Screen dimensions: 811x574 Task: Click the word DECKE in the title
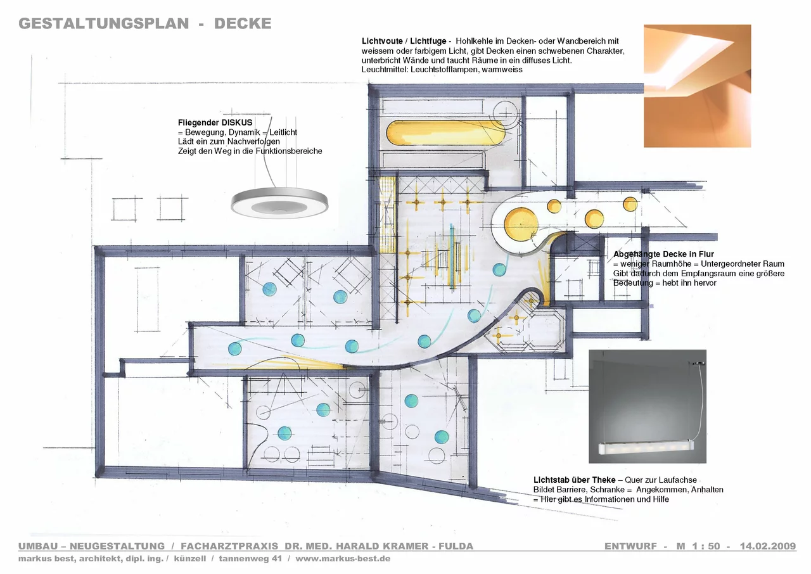point(243,23)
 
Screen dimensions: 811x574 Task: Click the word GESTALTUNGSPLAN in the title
point(104,23)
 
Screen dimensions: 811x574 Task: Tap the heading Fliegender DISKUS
point(215,123)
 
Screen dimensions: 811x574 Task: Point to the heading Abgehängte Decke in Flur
point(663,255)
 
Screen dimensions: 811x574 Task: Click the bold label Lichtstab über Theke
point(575,480)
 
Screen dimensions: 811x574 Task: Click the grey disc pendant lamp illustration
point(279,203)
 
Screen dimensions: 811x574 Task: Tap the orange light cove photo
point(698,86)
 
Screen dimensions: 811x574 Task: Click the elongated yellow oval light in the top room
point(445,133)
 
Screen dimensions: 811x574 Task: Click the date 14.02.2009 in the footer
point(768,546)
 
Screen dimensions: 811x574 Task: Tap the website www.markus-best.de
point(343,559)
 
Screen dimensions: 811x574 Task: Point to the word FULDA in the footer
point(456,546)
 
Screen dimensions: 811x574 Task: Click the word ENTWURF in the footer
point(630,546)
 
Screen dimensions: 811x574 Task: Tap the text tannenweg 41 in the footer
point(250,559)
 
